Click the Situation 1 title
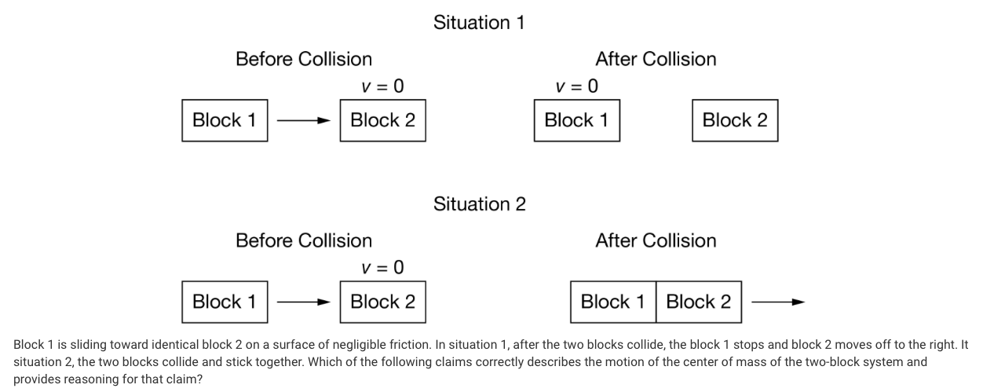pyautogui.click(x=479, y=23)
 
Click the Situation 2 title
pyautogui.click(x=479, y=204)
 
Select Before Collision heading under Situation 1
pyautogui.click(x=304, y=59)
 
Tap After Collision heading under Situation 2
pyautogui.click(x=656, y=240)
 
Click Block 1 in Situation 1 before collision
pyautogui.click(x=225, y=120)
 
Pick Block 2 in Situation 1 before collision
pyautogui.click(x=382, y=120)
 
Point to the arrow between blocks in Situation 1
pyautogui.click(x=303, y=121)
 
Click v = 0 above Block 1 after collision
pyautogui.click(x=576, y=86)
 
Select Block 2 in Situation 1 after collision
pyautogui.click(x=734, y=120)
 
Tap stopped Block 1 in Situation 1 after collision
pyautogui.click(x=576, y=120)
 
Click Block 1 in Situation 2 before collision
pyautogui.click(x=225, y=302)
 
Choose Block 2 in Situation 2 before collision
pyautogui.click(x=382, y=302)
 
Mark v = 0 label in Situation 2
pyautogui.click(x=382, y=267)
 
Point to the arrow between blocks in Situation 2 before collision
pyautogui.click(x=303, y=302)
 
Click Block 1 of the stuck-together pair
pyautogui.click(x=612, y=302)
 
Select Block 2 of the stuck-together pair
pyautogui.click(x=698, y=302)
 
